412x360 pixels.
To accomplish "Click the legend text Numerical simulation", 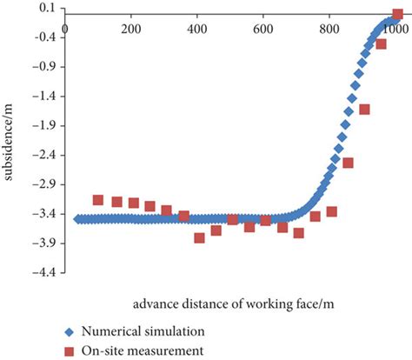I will (x=143, y=331).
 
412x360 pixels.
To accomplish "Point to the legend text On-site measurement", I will (x=143, y=350).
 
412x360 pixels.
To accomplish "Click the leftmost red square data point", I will (x=98, y=200).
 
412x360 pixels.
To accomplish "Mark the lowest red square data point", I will (x=200, y=237).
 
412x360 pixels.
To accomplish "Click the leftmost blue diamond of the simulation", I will (x=76, y=219).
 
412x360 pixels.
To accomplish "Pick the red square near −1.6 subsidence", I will (x=364, y=110).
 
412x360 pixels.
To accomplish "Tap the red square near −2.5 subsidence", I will (x=349, y=163).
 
